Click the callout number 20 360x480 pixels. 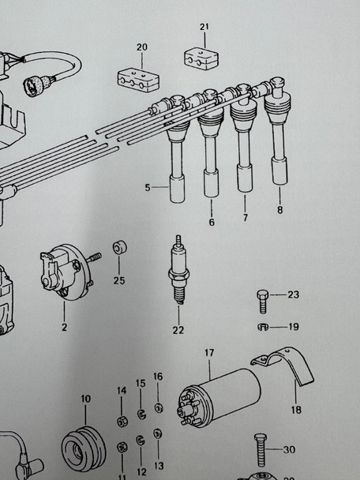pyautogui.click(x=142, y=47)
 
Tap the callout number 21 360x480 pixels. pyautogui.click(x=204, y=28)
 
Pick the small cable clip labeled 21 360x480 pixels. pyautogui.click(x=201, y=58)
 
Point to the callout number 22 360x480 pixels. pyautogui.click(x=178, y=330)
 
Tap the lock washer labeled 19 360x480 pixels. pyautogui.click(x=262, y=326)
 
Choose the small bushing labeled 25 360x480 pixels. pyautogui.click(x=119, y=249)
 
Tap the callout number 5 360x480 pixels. pyautogui.click(x=147, y=188)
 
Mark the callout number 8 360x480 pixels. pyautogui.click(x=279, y=210)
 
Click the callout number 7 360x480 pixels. pyautogui.click(x=245, y=218)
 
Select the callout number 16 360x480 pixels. pyautogui.click(x=158, y=377)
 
